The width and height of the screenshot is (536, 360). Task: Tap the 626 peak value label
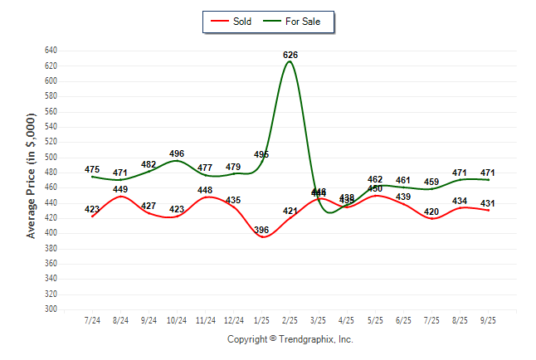click(x=290, y=55)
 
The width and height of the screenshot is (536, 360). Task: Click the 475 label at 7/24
click(x=92, y=169)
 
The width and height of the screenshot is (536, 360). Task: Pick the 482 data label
click(x=149, y=164)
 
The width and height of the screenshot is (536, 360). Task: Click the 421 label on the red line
click(x=290, y=211)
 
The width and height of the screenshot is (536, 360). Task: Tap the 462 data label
click(x=375, y=179)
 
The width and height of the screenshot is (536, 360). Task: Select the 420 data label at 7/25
click(x=431, y=212)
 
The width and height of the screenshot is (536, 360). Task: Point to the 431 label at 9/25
click(x=488, y=203)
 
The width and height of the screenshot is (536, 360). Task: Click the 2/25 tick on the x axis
click(x=290, y=319)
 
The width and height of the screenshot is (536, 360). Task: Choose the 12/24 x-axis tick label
click(x=234, y=319)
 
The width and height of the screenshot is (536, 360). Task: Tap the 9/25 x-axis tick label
click(x=488, y=319)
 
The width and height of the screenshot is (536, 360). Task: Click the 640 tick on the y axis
click(x=50, y=51)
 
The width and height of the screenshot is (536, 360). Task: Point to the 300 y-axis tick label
click(x=50, y=309)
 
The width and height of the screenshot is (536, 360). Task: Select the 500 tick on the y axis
click(x=50, y=157)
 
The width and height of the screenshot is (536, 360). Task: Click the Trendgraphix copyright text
click(x=290, y=339)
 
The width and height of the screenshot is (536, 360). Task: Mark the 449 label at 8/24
click(x=120, y=189)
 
